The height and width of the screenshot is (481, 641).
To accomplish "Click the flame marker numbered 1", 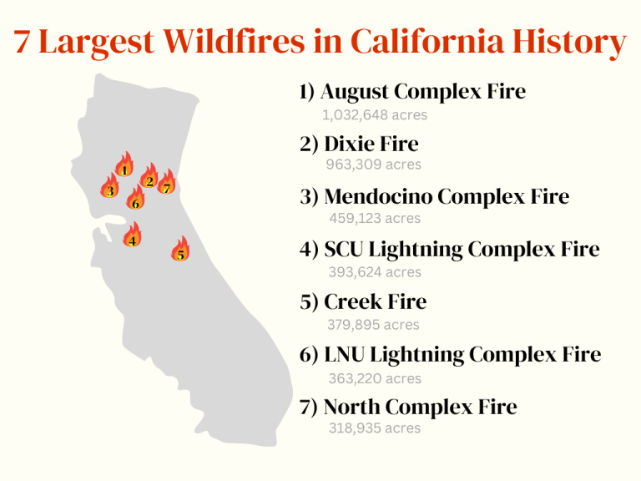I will (x=124, y=165).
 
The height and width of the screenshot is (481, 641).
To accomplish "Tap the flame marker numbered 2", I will (x=149, y=177).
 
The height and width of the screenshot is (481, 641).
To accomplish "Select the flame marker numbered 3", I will (x=110, y=188).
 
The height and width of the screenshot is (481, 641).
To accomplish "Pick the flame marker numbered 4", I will (x=132, y=236).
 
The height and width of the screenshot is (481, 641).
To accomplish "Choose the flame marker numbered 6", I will (x=135, y=199).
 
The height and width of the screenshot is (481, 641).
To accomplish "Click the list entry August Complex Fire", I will (x=412, y=91).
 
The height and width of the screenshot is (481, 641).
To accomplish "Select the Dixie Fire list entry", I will (x=359, y=144).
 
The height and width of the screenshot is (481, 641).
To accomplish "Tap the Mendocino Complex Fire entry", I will (x=434, y=197).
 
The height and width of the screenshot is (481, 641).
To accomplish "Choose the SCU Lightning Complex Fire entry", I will (x=449, y=250).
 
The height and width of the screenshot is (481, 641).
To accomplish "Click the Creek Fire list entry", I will (x=363, y=302).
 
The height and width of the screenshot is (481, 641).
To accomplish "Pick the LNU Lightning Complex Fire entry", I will (x=450, y=355).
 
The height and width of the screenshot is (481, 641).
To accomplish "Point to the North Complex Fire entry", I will (x=408, y=408).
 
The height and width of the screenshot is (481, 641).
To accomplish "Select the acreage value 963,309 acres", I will (x=373, y=165).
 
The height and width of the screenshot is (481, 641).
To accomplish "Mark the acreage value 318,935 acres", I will (x=373, y=428).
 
